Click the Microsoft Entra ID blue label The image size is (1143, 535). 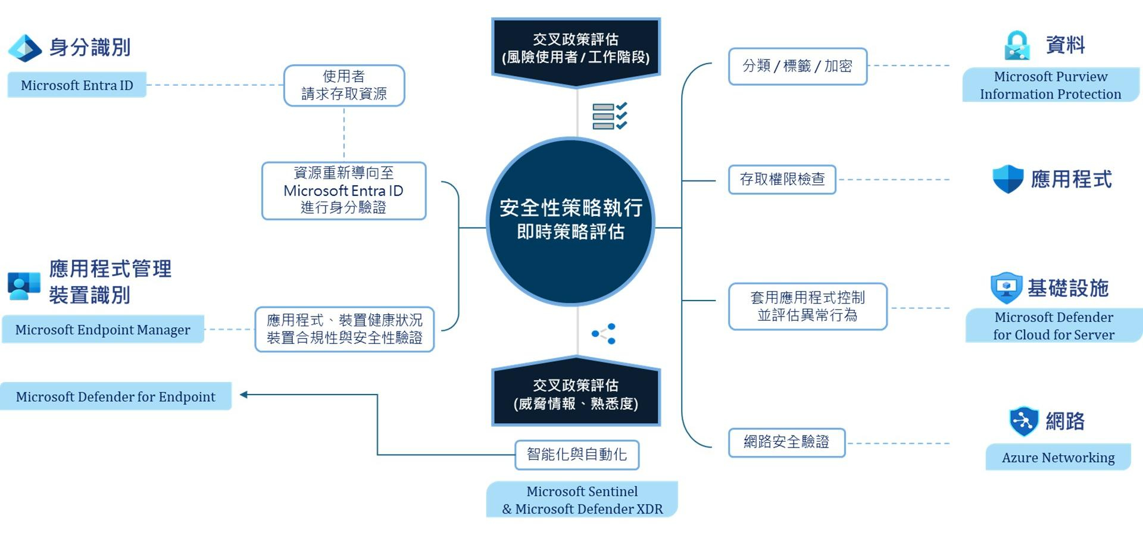tap(77, 85)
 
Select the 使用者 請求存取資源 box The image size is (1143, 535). tap(344, 86)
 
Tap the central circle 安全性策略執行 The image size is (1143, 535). tap(571, 221)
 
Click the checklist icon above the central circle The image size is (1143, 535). tap(610, 115)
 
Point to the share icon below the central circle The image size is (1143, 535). tap(604, 334)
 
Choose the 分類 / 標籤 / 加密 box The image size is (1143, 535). tap(798, 66)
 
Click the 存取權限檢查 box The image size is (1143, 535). tap(782, 179)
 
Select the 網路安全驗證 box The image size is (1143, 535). tap(786, 442)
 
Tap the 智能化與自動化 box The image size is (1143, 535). tap(577, 455)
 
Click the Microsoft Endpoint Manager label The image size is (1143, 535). tap(103, 329)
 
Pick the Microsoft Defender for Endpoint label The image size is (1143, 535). tap(115, 396)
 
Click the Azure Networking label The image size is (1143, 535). tap(1058, 457)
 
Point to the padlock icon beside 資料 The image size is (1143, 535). tap(1017, 46)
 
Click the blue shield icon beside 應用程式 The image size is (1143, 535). tap(1008, 179)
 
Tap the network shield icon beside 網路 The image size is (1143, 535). tap(1024, 421)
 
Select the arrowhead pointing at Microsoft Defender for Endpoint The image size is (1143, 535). tap(243, 394)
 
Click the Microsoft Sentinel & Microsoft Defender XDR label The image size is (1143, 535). tap(582, 500)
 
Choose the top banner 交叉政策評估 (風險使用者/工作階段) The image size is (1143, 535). tap(576, 52)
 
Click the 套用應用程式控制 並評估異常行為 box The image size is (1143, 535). tap(808, 306)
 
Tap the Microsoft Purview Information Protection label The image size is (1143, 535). tap(1051, 85)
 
